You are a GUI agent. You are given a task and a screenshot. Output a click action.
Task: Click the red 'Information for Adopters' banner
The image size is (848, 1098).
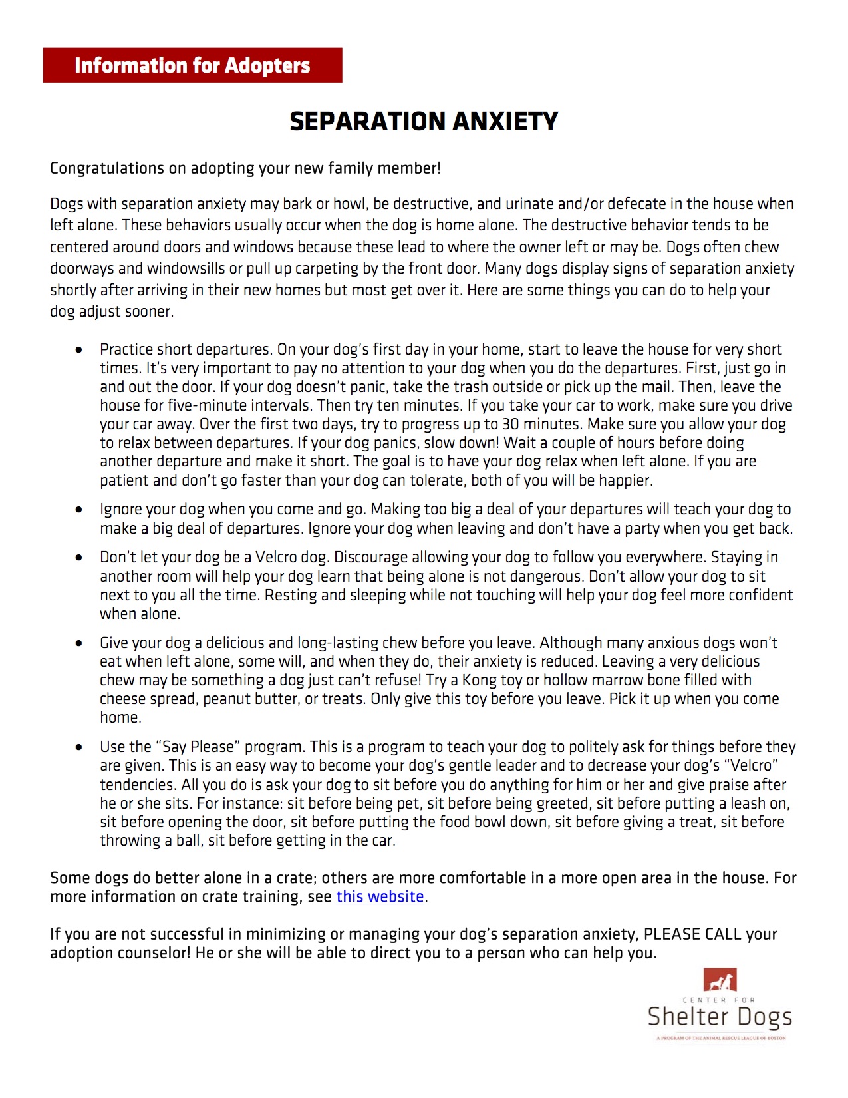click(192, 65)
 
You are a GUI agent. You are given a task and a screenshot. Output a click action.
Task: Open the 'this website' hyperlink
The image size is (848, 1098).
click(380, 897)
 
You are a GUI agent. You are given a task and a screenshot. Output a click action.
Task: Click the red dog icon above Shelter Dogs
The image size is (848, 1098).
click(720, 981)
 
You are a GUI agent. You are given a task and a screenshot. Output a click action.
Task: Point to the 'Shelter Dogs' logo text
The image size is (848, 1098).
click(720, 1017)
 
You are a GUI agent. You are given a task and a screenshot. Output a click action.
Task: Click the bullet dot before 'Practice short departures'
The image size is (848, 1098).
click(79, 350)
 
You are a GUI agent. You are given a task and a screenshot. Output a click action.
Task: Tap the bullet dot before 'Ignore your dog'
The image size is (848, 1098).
click(79, 510)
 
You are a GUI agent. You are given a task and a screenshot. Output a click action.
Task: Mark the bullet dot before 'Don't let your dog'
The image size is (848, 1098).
click(79, 558)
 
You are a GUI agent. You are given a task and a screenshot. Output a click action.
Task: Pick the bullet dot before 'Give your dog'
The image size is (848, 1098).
click(79, 643)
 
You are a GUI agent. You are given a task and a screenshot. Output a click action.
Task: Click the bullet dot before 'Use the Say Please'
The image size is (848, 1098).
click(79, 747)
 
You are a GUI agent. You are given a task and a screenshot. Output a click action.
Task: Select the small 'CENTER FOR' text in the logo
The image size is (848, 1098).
click(719, 1000)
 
